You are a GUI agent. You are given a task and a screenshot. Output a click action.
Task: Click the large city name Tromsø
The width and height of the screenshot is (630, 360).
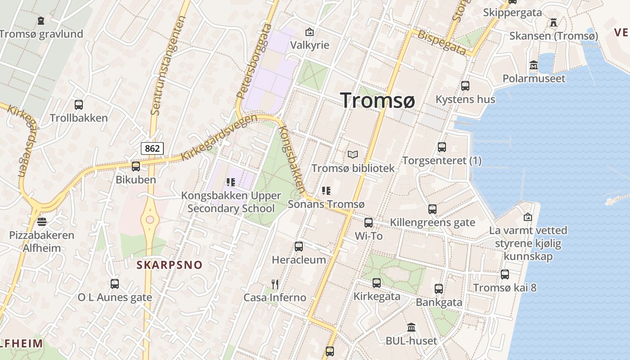tap(377, 100)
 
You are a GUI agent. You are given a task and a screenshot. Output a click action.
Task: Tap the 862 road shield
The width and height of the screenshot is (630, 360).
tap(152, 148)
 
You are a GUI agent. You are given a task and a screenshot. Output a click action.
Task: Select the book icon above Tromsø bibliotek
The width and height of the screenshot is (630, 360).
tap(353, 155)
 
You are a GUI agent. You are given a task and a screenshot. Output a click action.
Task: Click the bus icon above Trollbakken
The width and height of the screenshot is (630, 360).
tap(79, 105)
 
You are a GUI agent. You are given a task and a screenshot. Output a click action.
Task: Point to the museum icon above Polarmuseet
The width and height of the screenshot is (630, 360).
tap(534, 65)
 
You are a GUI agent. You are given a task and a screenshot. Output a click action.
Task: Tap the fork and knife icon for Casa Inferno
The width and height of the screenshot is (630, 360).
tap(275, 284)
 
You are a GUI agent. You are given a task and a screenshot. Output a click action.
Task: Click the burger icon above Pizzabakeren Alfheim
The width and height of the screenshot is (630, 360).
tap(42, 222)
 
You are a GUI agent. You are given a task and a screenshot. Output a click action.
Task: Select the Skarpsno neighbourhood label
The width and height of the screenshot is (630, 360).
tap(170, 265)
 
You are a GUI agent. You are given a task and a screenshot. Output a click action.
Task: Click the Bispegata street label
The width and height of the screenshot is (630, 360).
tap(441, 43)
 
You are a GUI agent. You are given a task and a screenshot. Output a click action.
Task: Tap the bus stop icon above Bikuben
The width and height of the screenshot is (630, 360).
tap(135, 166)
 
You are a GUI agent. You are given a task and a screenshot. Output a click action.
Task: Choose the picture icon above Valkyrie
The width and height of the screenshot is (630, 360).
tap(309, 32)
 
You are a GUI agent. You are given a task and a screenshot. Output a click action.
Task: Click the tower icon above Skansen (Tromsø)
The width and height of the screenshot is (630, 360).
tap(553, 22)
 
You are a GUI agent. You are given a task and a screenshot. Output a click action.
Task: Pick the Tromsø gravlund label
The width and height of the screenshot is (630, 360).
tap(41, 34)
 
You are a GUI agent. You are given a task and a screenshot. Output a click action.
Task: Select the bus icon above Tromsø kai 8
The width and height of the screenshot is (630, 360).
tap(505, 274)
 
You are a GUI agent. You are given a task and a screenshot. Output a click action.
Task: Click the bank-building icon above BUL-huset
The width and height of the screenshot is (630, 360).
tap(411, 327)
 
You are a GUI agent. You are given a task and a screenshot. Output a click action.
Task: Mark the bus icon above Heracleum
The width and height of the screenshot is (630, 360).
tap(299, 247)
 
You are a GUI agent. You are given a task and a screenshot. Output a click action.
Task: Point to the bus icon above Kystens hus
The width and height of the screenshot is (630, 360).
tap(465, 85)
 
